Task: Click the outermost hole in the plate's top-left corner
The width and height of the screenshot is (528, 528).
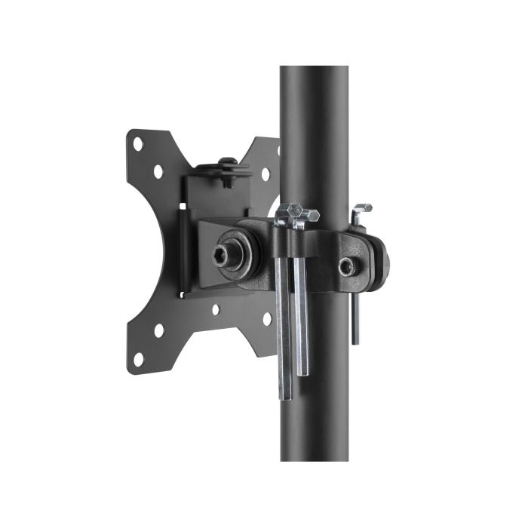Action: pos(138,143)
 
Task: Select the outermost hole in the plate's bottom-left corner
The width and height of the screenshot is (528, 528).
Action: pos(138,358)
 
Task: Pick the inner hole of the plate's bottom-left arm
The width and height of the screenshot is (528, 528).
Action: pos(158,330)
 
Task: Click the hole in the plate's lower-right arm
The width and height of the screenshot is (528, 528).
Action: pos(266,319)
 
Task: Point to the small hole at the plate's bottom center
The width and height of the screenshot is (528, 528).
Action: pos(215,309)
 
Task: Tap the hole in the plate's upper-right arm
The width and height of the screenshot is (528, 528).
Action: pos(266,174)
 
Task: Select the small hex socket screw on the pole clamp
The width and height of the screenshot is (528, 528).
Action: pos(345,265)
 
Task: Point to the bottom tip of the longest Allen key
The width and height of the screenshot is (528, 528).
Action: pos(284,397)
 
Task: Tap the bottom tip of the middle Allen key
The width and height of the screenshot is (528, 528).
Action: pos(302,373)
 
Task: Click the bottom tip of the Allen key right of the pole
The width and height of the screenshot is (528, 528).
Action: pos(355,342)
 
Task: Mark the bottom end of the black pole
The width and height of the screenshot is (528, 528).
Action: pos(315,459)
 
